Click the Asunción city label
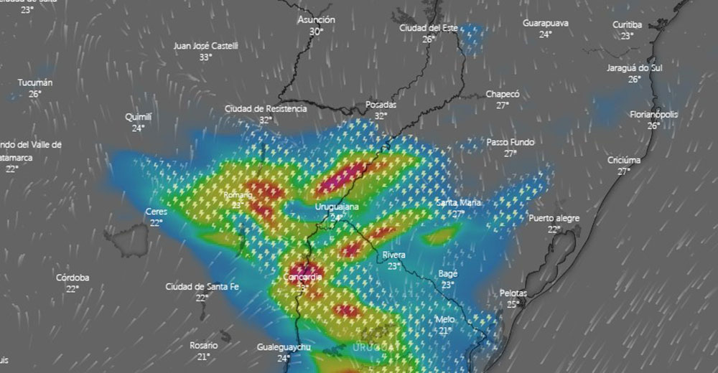[317, 20]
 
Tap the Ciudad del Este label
[429, 28]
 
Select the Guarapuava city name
[546, 24]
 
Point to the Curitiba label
[627, 25]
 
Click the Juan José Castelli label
[205, 46]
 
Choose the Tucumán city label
[35, 82]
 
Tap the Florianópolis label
[654, 115]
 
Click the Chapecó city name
[503, 94]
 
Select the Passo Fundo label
[510, 142]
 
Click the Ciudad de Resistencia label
[266, 109]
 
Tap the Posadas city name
[381, 105]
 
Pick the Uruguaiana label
[337, 207]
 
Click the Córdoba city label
[73, 278]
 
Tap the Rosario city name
[203, 345]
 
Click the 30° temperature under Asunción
[316, 32]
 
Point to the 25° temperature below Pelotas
[513, 304]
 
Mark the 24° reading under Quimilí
[138, 128]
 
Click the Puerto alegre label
[554, 218]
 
